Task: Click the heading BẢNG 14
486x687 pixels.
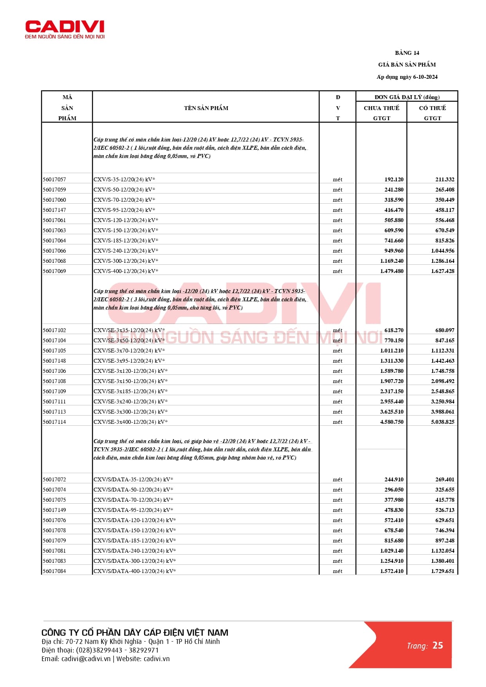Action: (407, 53)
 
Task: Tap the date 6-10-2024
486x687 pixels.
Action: (425, 77)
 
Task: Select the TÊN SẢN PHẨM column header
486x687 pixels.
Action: (206, 108)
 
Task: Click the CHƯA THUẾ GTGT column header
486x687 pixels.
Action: (381, 113)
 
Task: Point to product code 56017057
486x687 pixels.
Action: (54, 179)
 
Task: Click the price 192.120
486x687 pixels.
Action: (394, 179)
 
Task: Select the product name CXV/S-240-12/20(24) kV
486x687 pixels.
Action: (125, 251)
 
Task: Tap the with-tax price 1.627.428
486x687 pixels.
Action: (443, 271)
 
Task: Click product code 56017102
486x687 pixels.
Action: (54, 330)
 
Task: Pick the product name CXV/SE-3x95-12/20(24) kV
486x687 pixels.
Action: (129, 361)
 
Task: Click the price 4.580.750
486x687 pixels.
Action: (392, 422)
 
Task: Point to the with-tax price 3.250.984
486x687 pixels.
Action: (443, 401)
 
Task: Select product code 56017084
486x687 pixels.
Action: (54, 571)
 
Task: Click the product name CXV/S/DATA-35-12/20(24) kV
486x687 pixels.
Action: (133, 479)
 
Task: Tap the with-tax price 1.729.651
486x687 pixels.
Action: (443, 571)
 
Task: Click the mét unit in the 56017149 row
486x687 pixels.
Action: (338, 510)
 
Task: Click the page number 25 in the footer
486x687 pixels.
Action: (438, 645)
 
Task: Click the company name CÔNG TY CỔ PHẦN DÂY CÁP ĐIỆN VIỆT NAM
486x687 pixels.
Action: (135, 633)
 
